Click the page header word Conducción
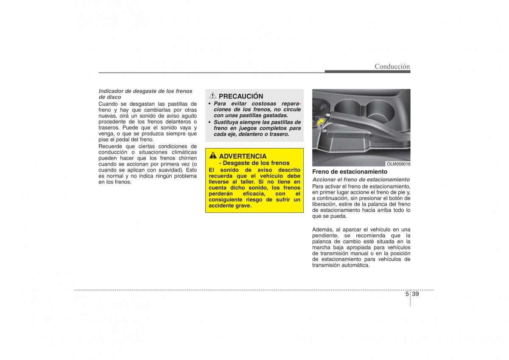392,66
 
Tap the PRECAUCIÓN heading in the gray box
241,96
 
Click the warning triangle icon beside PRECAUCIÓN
213,96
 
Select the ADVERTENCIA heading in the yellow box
243,156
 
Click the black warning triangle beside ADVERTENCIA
213,156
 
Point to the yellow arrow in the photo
321,123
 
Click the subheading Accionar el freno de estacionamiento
361,180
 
